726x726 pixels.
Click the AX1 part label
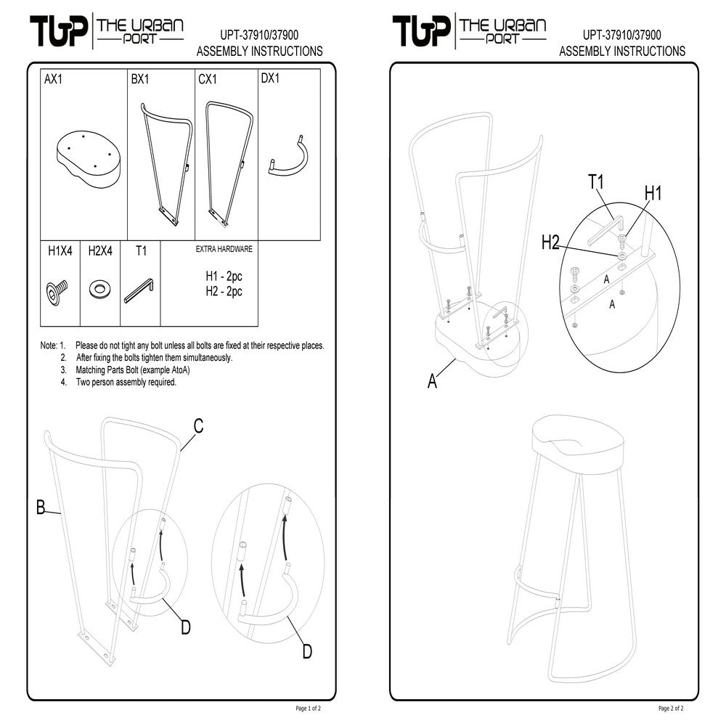coord(54,79)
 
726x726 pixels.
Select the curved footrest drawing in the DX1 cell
coord(290,159)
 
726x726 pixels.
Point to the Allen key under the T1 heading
coord(139,293)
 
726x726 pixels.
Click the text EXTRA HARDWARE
coord(224,249)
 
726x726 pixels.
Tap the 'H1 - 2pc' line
coord(224,277)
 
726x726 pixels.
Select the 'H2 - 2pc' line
coord(224,291)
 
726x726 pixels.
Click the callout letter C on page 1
coord(197,427)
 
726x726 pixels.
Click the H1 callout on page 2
coord(653,193)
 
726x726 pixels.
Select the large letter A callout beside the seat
coord(433,380)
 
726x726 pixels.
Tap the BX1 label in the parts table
coord(140,79)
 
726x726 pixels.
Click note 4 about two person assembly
coord(126,382)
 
